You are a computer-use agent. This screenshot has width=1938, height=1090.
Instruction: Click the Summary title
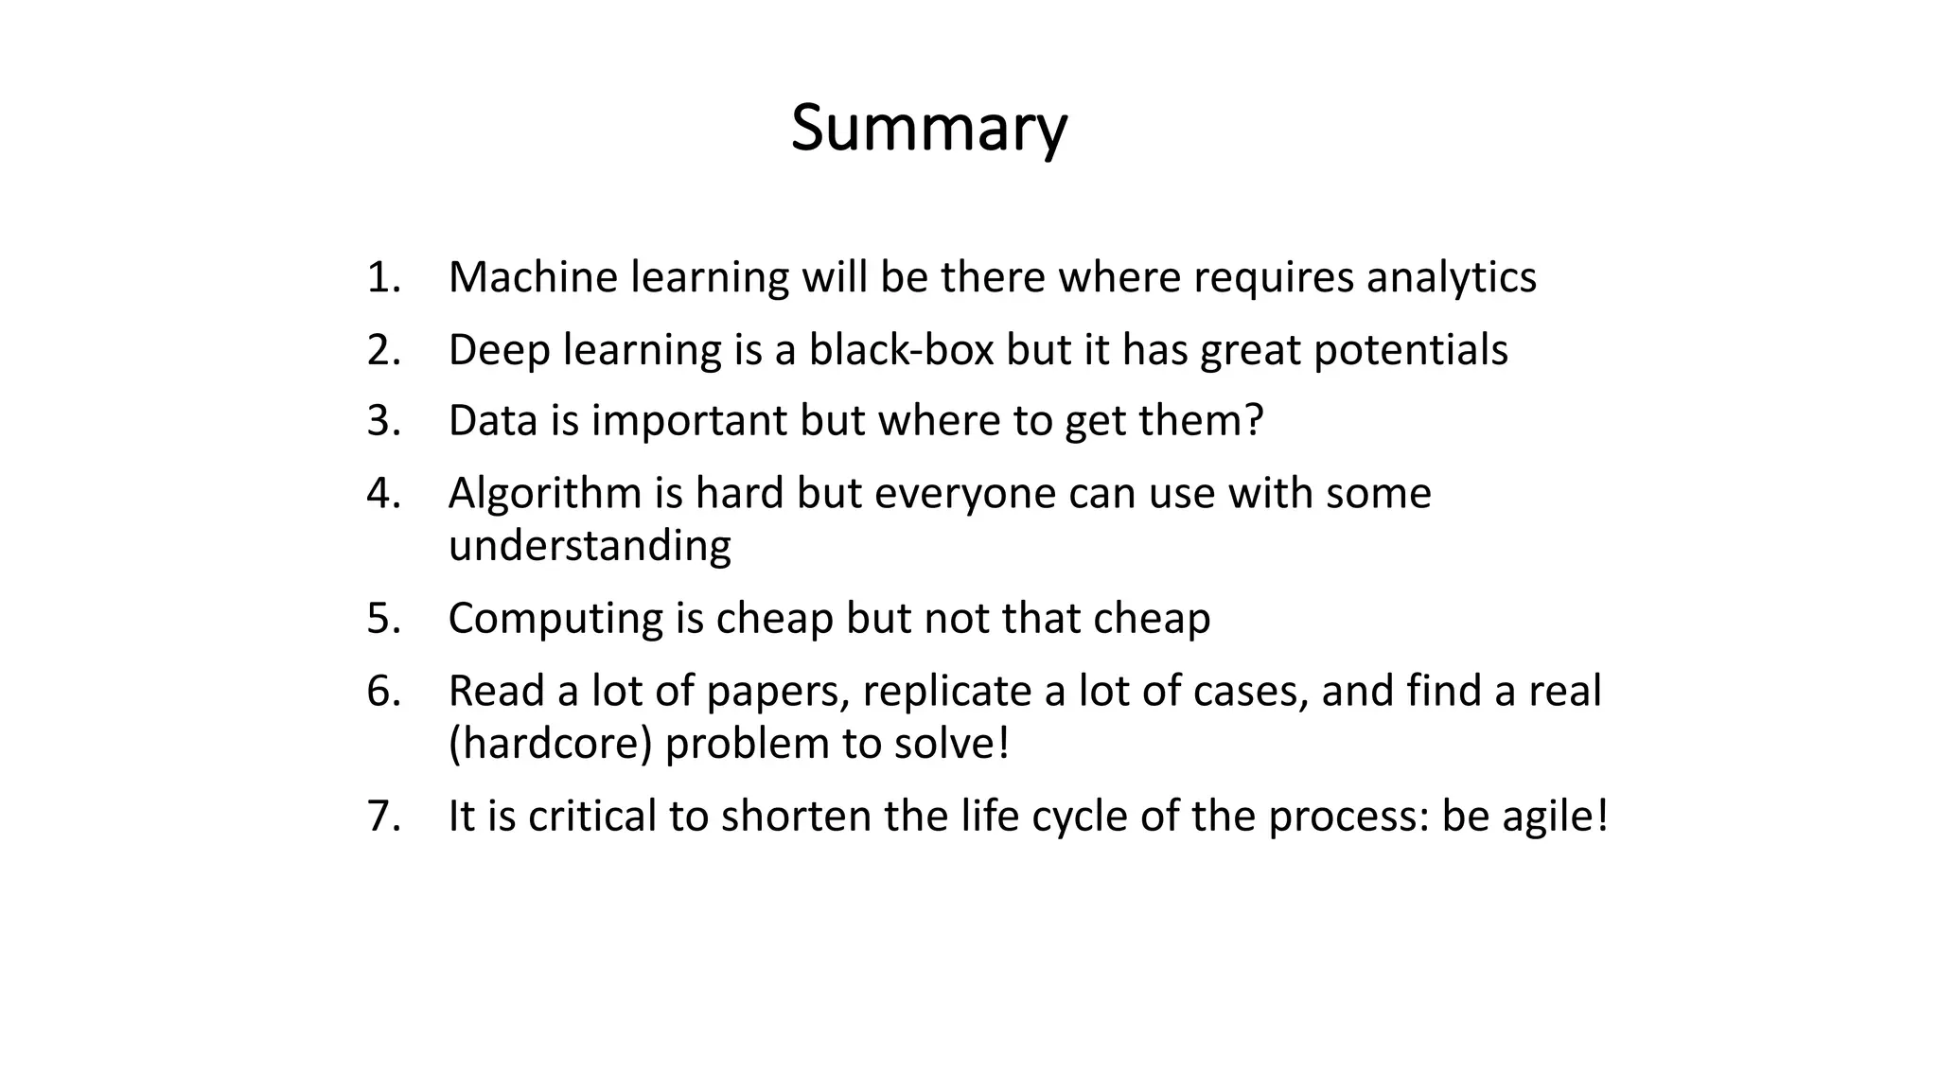(928, 128)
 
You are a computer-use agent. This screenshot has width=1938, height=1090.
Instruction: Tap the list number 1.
(383, 277)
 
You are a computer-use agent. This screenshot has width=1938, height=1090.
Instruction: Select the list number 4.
(383, 493)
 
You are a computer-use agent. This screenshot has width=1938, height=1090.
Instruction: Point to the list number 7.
(383, 816)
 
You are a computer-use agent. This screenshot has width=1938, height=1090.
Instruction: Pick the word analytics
(1451, 277)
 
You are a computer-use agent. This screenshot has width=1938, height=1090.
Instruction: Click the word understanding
(589, 546)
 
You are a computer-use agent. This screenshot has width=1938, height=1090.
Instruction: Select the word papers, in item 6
(778, 691)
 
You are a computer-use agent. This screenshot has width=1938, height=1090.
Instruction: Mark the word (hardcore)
(550, 744)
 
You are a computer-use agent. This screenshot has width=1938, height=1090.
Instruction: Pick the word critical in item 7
(591, 816)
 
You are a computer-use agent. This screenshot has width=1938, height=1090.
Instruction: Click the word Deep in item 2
(500, 349)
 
